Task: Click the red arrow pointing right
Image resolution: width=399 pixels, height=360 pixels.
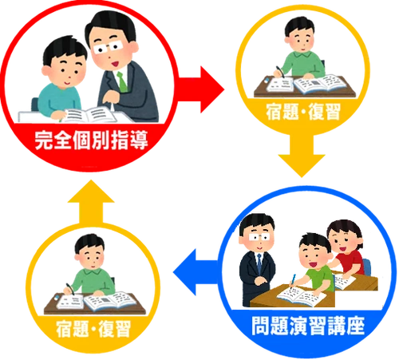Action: (202, 89)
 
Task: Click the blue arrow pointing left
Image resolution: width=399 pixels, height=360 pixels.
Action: (197, 272)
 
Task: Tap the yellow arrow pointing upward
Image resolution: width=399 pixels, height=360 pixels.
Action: (91, 202)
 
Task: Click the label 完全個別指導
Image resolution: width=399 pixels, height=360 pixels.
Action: (91, 140)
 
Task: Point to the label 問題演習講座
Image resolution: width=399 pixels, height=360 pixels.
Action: (308, 326)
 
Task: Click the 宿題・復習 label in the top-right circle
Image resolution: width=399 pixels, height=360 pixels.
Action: (303, 112)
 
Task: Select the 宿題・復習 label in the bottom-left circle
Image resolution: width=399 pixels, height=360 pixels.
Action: (93, 329)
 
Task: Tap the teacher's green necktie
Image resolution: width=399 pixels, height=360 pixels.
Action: (122, 81)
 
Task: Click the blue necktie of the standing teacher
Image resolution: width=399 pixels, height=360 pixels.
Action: (259, 263)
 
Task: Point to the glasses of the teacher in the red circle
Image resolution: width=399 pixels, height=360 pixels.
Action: (108, 47)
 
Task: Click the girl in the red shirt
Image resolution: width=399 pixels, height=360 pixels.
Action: (346, 247)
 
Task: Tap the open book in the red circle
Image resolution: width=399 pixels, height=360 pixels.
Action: (89, 115)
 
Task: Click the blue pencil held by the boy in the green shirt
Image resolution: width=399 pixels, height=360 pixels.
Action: (293, 281)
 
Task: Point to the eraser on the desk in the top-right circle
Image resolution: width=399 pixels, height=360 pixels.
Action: (267, 80)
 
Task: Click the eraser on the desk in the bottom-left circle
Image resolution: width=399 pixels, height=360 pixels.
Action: (57, 297)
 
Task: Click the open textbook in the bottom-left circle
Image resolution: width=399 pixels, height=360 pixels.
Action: (110, 301)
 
